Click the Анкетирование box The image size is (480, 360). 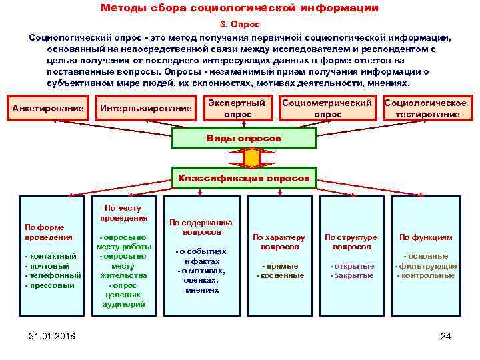(x=48, y=109)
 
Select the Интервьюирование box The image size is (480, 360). (x=145, y=109)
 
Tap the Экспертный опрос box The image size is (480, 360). (x=237, y=109)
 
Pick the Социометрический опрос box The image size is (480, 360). (x=327, y=109)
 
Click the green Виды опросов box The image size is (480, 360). (x=244, y=139)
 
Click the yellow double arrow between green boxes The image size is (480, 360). (x=251, y=158)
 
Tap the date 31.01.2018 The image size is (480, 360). (x=52, y=336)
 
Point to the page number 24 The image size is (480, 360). (x=446, y=336)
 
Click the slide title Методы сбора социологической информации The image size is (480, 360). (x=239, y=9)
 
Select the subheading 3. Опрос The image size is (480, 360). (x=239, y=24)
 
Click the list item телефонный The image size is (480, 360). (x=54, y=275)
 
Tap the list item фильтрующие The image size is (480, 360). (x=427, y=266)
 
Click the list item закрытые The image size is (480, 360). (x=353, y=275)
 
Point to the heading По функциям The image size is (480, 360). (x=425, y=237)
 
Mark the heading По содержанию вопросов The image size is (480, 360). (x=201, y=227)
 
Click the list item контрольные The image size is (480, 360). (x=427, y=275)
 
